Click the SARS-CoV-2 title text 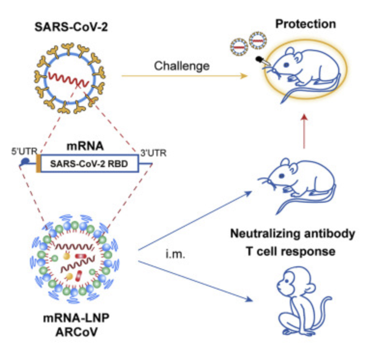pos(71,26)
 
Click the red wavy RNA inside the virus pos(71,79)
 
